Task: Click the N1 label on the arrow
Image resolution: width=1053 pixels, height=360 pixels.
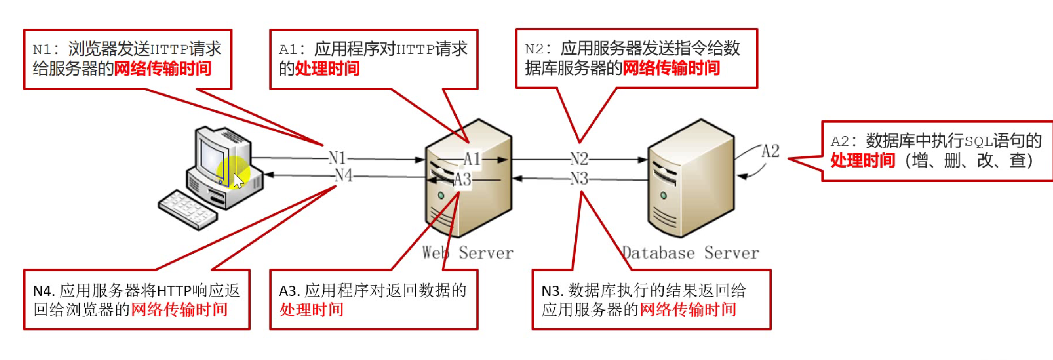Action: pyautogui.click(x=337, y=158)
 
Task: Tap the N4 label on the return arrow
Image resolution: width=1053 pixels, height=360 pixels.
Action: pyautogui.click(x=344, y=175)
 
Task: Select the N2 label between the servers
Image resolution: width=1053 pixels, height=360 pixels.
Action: pyautogui.click(x=579, y=159)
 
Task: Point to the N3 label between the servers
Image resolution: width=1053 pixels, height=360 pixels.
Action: pyautogui.click(x=579, y=178)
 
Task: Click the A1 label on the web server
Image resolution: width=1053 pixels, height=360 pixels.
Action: pyautogui.click(x=472, y=159)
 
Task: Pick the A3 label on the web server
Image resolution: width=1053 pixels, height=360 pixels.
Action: pyautogui.click(x=462, y=179)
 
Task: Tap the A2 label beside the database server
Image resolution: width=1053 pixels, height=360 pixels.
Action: pyautogui.click(x=770, y=151)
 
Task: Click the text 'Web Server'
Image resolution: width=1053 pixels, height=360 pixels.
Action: pyautogui.click(x=468, y=253)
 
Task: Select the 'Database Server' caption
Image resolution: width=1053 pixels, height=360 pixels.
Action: pyautogui.click(x=691, y=253)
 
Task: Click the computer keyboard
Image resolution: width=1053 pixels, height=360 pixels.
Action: pyautogui.click(x=187, y=209)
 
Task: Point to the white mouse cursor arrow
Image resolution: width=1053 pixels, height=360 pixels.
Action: pyautogui.click(x=238, y=180)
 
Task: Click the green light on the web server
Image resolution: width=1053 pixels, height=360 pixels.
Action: pyautogui.click(x=441, y=195)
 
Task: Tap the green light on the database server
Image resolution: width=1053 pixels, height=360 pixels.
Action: pyautogui.click(x=663, y=195)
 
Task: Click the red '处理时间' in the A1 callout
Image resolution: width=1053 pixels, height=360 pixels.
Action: pyautogui.click(x=327, y=69)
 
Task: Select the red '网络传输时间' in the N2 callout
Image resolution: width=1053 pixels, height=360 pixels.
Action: pyautogui.click(x=671, y=68)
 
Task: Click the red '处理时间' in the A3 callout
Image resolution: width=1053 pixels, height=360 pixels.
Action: pyautogui.click(x=311, y=310)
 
